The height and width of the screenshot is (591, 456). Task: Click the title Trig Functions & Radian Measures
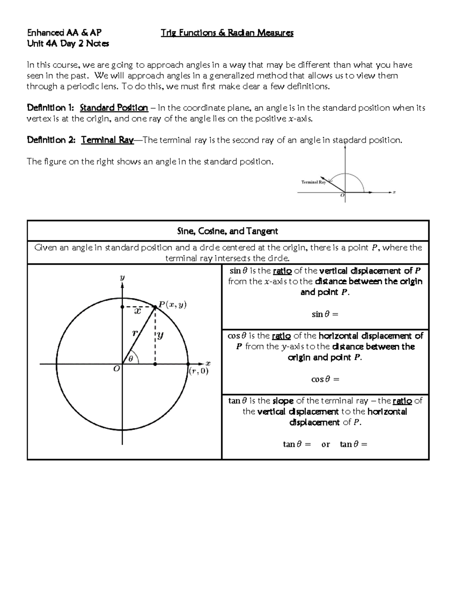227,33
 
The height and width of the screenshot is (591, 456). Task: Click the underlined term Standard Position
114,108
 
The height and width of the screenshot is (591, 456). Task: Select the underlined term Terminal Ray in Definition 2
107,140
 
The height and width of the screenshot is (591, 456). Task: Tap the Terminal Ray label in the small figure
313,182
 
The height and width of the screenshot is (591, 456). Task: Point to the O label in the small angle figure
342,195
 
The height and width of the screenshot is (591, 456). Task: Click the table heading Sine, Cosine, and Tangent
228,231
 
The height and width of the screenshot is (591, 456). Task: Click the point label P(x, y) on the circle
173,305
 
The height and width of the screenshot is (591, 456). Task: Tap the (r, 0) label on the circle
198,371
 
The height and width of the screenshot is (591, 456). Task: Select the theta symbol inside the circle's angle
131,358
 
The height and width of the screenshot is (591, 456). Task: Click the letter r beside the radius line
134,333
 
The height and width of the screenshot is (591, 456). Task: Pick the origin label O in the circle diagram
117,369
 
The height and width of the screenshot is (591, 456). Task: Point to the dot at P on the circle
155,307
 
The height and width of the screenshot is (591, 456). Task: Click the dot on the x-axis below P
155,364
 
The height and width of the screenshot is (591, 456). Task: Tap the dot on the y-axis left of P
122,307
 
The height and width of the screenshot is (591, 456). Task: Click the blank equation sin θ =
325,314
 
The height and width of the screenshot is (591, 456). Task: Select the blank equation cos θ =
325,379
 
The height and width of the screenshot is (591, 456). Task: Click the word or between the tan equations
326,444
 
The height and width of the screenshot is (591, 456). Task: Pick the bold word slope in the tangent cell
283,401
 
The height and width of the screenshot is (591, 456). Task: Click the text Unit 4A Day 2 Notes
68,44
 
